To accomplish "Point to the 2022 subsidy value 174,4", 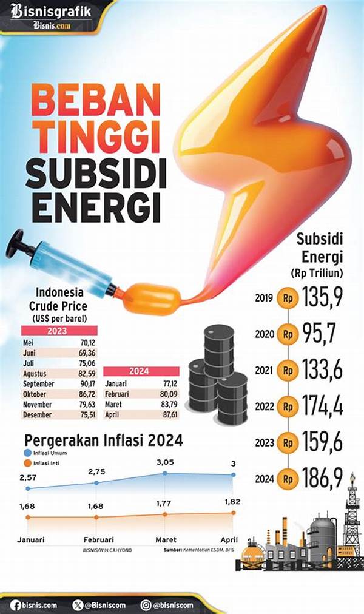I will pos(321,406).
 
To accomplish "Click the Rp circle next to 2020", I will pos(288,334).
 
